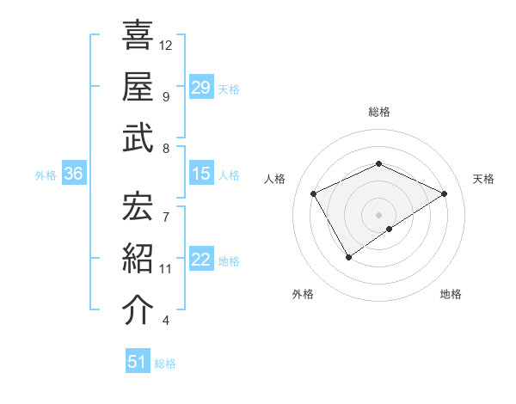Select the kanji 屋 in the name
[138, 86]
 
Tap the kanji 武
[138, 138]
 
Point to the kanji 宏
[138, 206]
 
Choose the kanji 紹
[138, 259]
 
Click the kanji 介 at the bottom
[138, 310]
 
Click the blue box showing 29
[201, 87]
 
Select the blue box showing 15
[201, 174]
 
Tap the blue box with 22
[201, 260]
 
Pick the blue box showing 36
[74, 174]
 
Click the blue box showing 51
[138, 362]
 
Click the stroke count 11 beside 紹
[166, 269]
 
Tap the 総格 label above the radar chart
[378, 112]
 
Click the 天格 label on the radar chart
[483, 179]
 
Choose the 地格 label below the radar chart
[451, 294]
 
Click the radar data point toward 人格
[314, 193]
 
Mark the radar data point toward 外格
[349, 256]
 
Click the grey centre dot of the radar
[378, 214]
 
